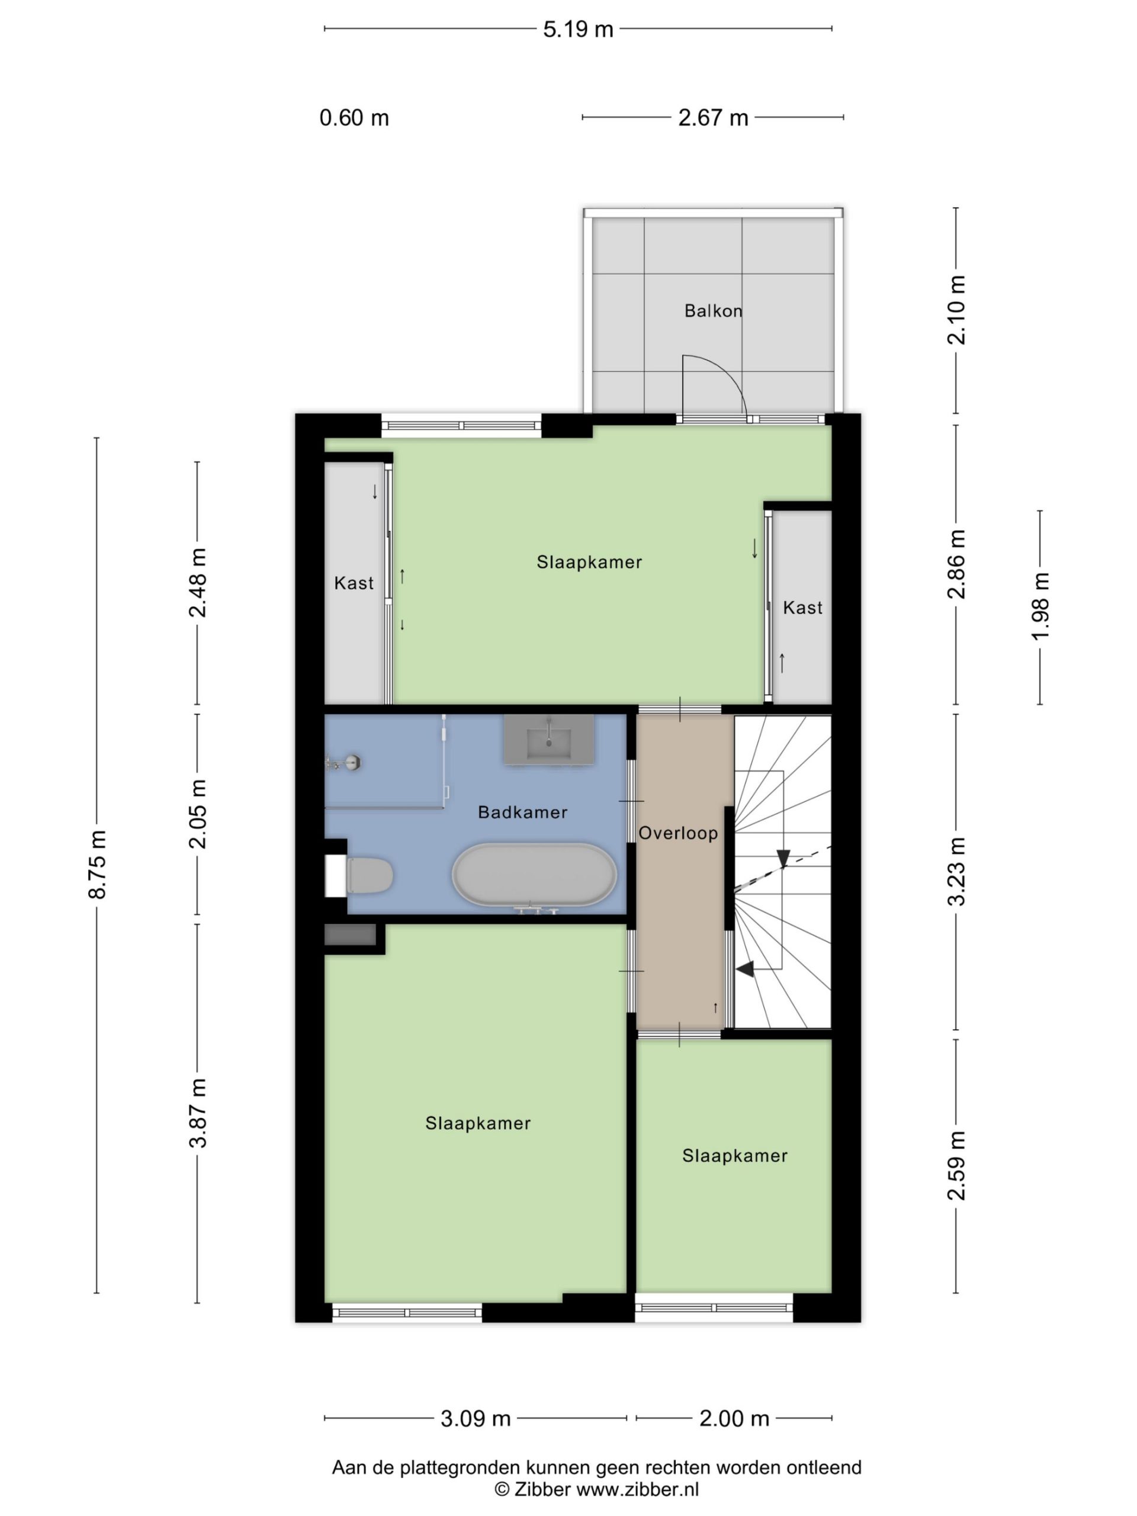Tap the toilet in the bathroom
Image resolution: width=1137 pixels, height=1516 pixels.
coord(369,875)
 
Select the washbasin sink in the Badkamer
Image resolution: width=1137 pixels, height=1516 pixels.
coord(549,740)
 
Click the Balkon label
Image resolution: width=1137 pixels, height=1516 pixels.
coord(714,311)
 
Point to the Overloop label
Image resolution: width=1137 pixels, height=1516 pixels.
coord(679,833)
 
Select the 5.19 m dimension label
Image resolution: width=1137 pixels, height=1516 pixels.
coord(578,30)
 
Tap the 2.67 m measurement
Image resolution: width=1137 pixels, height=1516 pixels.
coord(713,118)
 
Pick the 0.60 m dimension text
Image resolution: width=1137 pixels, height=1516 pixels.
coord(354,118)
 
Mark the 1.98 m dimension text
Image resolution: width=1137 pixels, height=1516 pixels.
coord(1040,606)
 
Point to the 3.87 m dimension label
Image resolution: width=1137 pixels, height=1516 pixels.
coord(198,1113)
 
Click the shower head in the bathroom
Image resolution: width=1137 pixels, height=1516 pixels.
coord(348,762)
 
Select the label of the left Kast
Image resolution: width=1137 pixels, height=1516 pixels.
coord(354,583)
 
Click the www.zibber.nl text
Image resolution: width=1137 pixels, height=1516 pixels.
coord(637,1489)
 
